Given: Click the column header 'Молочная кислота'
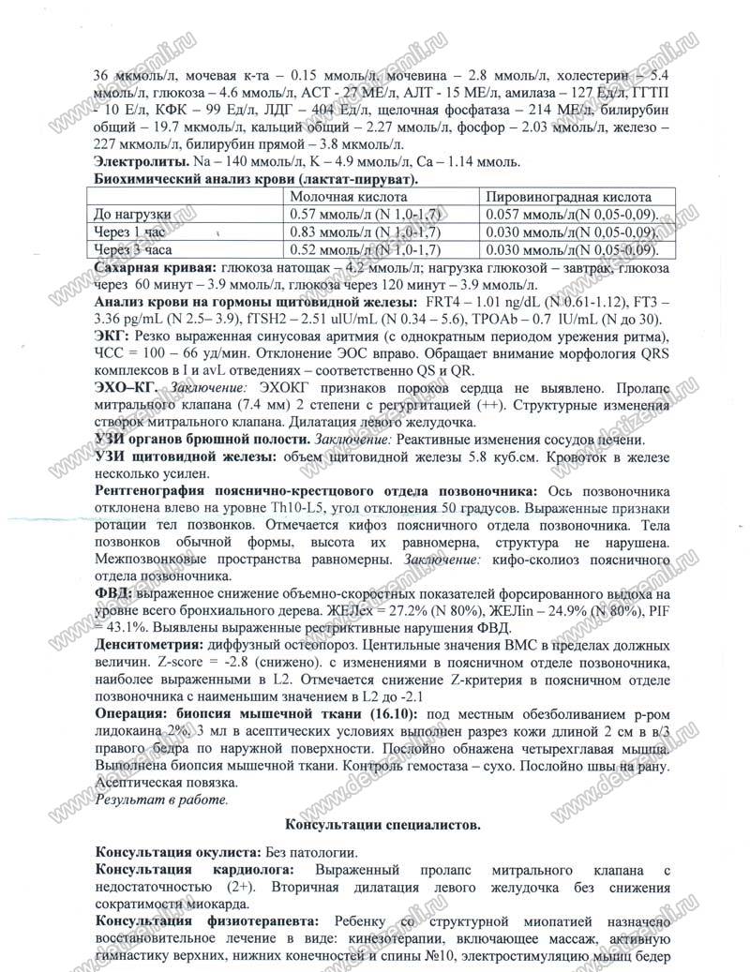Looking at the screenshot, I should pos(348,198).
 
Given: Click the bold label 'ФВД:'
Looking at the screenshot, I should pos(114,594).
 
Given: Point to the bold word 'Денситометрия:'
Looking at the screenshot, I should pos(154,647).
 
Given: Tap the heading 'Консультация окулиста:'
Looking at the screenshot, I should pos(177,854).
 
